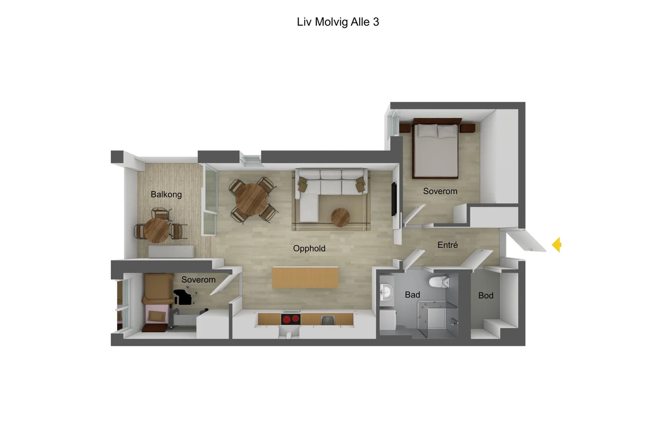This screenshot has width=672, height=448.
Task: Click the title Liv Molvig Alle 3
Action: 338,22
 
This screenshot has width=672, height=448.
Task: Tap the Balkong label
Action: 166,195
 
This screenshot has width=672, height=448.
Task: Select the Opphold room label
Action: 309,249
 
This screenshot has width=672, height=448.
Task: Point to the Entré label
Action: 448,245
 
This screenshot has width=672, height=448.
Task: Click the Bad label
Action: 412,295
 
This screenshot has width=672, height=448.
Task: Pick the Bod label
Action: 486,296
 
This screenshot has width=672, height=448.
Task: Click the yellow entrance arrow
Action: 557,245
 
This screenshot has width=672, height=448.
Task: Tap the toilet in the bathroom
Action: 439,282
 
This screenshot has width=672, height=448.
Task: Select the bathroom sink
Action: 386,292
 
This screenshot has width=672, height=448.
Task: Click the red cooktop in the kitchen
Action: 290,319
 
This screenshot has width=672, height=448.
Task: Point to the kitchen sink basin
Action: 327,320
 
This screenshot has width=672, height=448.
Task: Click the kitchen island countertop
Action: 305,278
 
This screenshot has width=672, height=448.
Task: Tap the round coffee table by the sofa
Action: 340,217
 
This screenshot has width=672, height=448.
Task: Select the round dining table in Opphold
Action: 252,199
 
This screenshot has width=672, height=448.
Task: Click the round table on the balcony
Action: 156,230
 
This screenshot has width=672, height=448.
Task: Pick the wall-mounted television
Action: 394,199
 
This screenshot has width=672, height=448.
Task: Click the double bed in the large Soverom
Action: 436,149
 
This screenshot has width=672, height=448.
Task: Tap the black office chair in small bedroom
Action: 183,297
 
